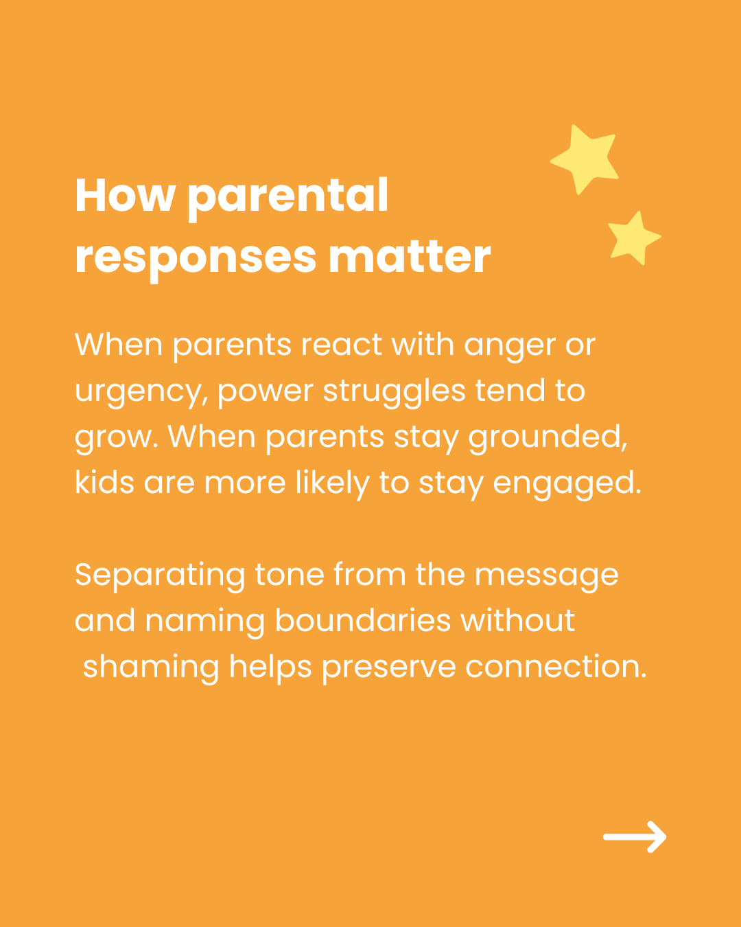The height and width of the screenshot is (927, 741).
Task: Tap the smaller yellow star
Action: tap(633, 238)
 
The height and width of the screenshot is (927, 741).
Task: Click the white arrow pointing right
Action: tap(635, 836)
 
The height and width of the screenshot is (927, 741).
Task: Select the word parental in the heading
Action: tap(288, 199)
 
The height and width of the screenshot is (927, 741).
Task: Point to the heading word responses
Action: tap(196, 261)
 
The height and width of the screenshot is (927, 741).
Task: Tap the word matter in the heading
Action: tap(410, 257)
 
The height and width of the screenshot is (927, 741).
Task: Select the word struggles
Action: tap(395, 391)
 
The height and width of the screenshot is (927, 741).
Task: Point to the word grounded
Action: tap(548, 437)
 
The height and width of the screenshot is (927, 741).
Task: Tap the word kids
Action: tap(104, 481)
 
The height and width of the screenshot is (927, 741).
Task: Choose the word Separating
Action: tap(160, 577)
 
